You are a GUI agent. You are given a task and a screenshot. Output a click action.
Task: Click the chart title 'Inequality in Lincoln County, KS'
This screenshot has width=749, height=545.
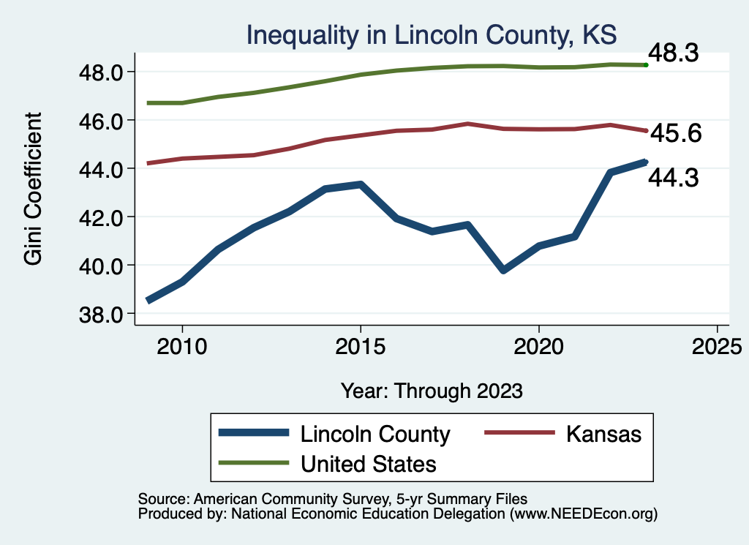coord(432,34)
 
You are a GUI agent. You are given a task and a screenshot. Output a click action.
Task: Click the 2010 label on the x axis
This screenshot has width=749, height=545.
coord(181,345)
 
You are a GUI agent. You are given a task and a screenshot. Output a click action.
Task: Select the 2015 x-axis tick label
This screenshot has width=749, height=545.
coord(360,345)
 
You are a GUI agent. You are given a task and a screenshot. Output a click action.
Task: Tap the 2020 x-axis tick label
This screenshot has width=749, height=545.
coord(538,345)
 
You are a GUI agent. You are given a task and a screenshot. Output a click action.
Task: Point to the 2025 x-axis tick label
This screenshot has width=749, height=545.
coord(717,345)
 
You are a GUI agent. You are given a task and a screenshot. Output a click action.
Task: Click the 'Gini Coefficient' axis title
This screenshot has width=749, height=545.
coord(34,189)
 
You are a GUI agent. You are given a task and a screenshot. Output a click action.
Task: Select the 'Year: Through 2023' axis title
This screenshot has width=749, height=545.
coord(432,391)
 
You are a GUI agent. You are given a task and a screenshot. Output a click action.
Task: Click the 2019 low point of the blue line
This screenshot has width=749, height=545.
coord(503,270)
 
